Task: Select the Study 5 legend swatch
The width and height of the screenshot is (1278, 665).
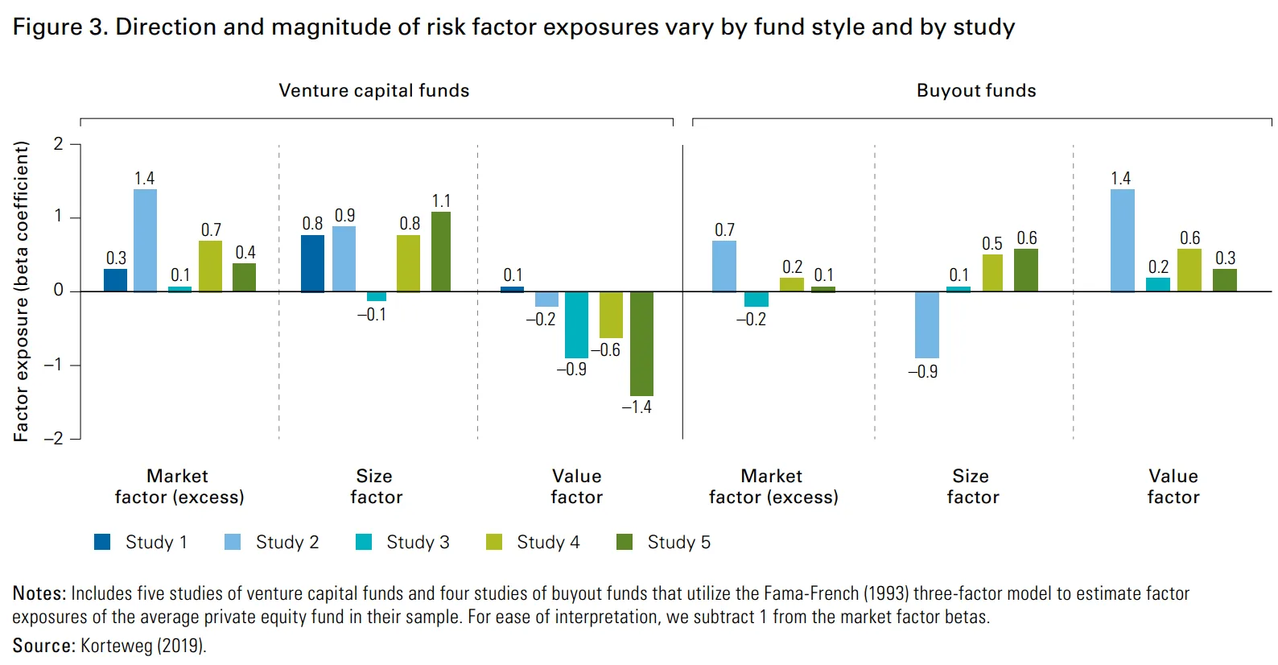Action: click(625, 542)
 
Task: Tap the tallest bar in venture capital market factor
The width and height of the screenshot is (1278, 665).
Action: click(145, 240)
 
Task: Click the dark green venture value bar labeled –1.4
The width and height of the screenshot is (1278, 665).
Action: click(641, 344)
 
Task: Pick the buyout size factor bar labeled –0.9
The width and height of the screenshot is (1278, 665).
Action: click(927, 324)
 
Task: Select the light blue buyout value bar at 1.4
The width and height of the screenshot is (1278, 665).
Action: click(1123, 240)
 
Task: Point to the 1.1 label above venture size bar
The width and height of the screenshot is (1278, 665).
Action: click(441, 201)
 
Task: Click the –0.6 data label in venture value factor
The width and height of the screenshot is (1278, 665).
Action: click(606, 350)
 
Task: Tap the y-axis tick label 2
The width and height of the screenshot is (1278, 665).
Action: click(58, 144)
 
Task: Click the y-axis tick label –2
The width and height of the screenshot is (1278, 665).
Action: click(54, 439)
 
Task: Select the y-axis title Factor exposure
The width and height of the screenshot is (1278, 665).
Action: click(21, 291)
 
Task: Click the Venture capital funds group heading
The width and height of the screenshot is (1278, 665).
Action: click(374, 91)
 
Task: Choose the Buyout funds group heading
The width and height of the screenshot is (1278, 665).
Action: click(976, 91)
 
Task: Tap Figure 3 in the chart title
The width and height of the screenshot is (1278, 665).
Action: click(60, 27)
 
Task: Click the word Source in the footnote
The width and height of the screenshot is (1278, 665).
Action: click(43, 646)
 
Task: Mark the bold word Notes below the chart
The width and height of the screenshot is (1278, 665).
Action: click(39, 594)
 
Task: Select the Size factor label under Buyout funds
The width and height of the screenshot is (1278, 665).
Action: click(972, 486)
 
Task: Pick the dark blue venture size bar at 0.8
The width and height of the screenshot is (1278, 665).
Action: click(312, 263)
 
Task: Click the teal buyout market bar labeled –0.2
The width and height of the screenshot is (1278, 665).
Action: click(756, 299)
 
